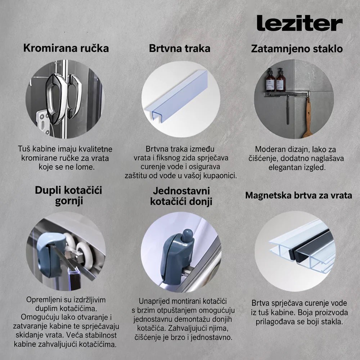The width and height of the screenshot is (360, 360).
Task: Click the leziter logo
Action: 300,23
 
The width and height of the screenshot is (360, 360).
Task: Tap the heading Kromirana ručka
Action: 66,48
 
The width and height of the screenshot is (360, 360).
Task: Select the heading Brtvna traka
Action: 180,49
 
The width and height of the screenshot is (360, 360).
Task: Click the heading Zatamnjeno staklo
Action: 297,49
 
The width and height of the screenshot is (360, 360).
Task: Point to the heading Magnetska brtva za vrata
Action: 298,195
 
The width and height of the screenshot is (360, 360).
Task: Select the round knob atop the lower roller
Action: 187,235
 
